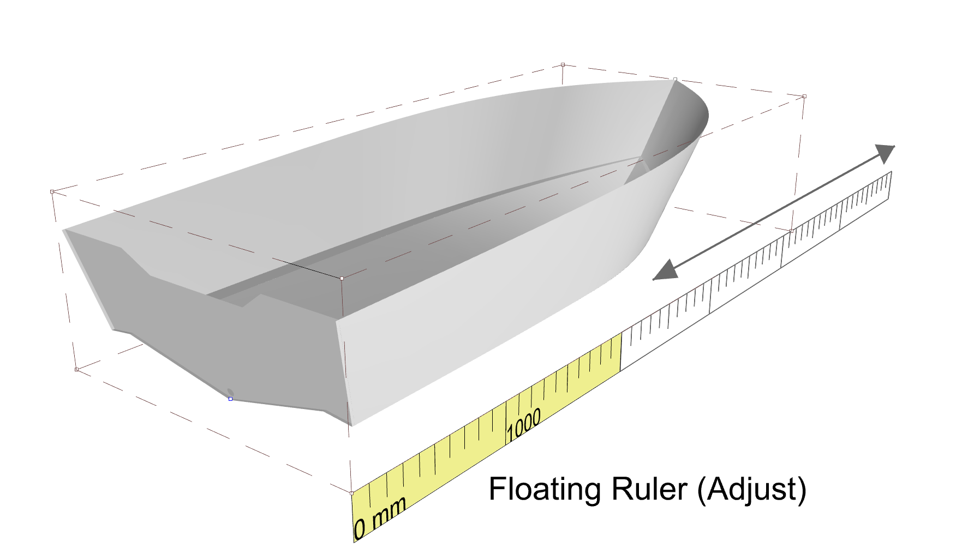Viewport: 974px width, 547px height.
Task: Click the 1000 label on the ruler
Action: pos(523,425)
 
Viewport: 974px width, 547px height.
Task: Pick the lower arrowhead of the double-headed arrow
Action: pos(665,270)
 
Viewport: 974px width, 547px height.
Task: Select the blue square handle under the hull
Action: pos(230,399)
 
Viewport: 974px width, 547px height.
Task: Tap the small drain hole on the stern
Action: pos(230,392)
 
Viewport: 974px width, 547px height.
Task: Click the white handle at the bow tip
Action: pos(675,80)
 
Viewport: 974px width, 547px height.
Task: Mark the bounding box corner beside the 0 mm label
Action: pos(351,493)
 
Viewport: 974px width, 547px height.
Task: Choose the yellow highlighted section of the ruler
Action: pos(486,436)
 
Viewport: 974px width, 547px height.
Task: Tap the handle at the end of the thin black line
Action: pos(342,278)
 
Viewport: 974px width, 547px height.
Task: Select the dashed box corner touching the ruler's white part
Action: pos(791,231)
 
